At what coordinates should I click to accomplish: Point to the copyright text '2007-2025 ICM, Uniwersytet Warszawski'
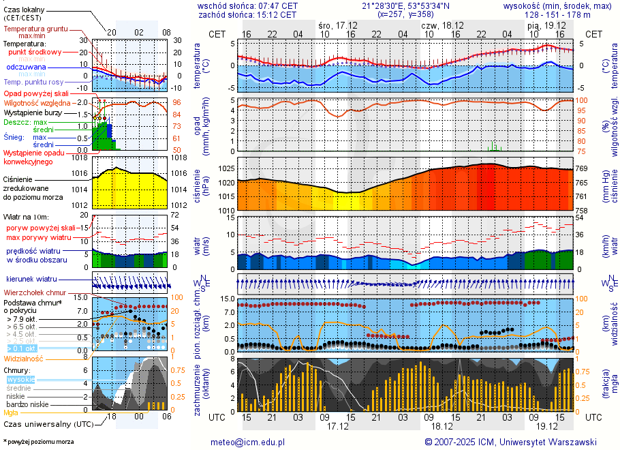(x=515, y=442)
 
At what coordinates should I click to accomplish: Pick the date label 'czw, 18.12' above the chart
(x=442, y=25)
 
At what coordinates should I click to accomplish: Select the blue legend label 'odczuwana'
(x=26, y=67)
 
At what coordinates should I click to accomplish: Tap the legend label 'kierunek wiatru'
(x=31, y=280)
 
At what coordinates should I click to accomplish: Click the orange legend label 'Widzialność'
(x=24, y=358)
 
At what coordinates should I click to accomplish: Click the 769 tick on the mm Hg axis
(x=583, y=168)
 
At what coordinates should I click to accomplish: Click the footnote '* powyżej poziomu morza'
(x=39, y=442)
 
